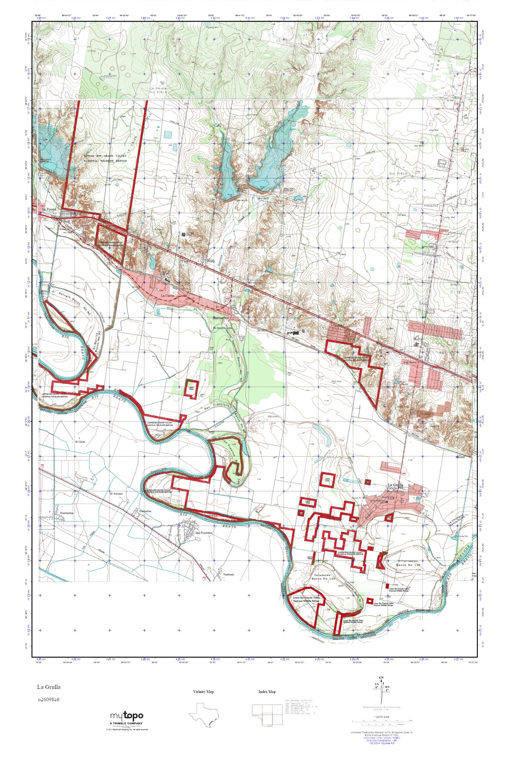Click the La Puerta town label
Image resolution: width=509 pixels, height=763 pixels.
[x=49, y=210]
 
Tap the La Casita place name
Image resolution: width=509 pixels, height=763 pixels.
[x=168, y=296]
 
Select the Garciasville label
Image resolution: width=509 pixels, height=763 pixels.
[x=220, y=318]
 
